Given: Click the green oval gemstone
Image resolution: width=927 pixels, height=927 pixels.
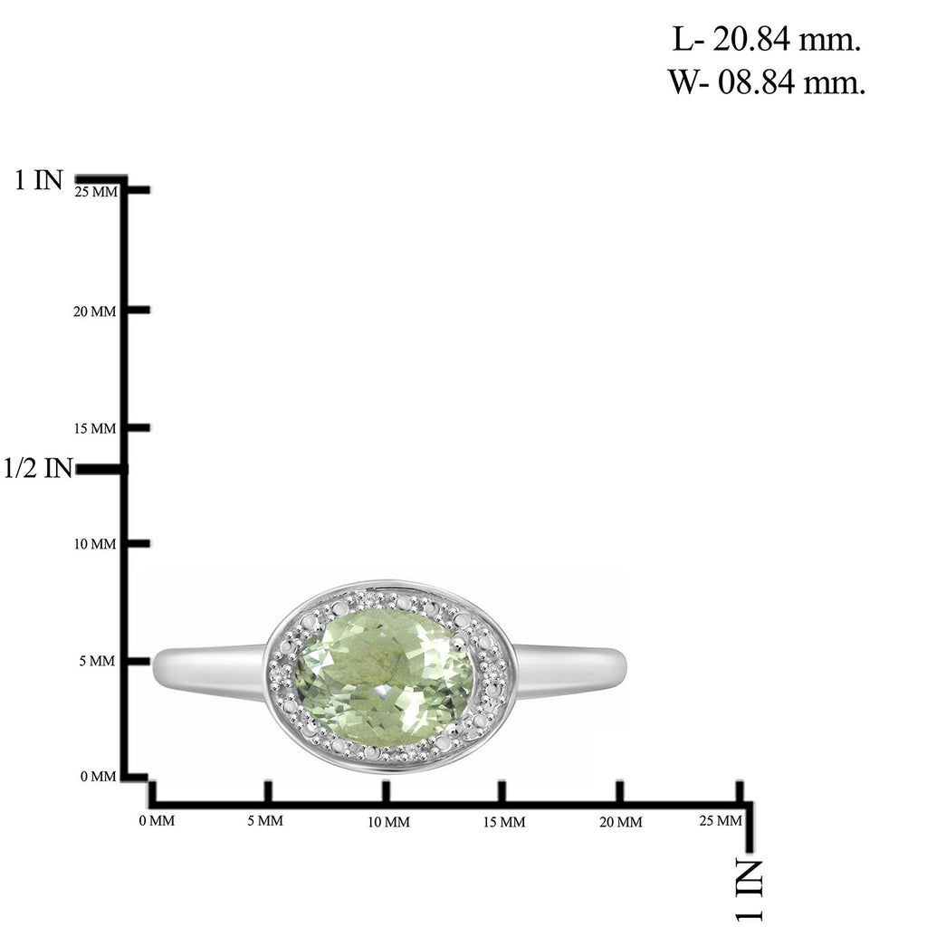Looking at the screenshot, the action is (x=384, y=677).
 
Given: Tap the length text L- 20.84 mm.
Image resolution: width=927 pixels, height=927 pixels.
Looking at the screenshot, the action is (x=766, y=39).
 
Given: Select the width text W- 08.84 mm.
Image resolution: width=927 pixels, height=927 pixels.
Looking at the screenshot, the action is (x=767, y=81).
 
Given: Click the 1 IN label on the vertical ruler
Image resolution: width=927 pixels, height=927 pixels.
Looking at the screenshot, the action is (x=38, y=180).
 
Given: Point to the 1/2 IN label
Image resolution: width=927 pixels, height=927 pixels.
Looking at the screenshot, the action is (x=38, y=468).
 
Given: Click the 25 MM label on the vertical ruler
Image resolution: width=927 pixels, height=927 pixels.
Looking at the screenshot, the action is (x=96, y=192).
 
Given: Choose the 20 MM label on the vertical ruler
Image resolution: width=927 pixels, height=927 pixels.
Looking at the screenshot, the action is (x=94, y=311).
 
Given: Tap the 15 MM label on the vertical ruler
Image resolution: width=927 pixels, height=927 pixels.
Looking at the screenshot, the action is (x=95, y=428).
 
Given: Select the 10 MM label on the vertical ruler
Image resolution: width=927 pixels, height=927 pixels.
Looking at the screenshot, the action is (x=95, y=544).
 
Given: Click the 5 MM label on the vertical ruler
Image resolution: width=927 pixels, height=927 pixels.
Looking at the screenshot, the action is (x=97, y=661).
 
